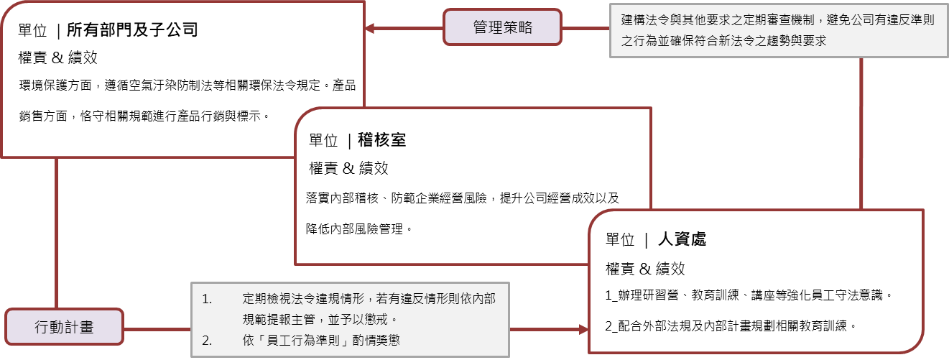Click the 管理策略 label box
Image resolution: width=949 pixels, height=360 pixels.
pos(502,27)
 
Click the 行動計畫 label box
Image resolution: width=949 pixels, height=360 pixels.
pos(65,326)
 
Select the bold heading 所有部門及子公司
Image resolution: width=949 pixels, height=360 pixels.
pos(132,29)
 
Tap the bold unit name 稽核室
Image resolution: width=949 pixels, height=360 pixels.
pos(381,140)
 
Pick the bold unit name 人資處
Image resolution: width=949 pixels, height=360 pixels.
pos(682,239)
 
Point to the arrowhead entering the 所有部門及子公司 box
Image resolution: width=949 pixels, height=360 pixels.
pos(369,28)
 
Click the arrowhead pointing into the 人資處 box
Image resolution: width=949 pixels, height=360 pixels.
pos(583,329)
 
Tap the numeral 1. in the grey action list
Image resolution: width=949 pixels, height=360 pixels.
pos(207,299)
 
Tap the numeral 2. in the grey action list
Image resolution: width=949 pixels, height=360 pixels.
pos(207,341)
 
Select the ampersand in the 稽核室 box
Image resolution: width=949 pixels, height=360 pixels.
pos(348,168)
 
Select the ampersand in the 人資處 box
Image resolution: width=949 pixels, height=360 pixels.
pos(645,269)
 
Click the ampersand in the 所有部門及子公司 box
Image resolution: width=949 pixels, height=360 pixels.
pos(57,57)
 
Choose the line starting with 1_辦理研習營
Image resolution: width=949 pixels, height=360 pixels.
pos(749,295)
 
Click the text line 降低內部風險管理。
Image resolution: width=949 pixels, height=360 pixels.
pos(359,229)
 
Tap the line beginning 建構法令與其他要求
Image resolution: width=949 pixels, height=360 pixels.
pos(778,20)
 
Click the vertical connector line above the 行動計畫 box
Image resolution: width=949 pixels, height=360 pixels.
pos(56,233)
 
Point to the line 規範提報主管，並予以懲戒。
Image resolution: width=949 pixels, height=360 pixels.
pos(320,319)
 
